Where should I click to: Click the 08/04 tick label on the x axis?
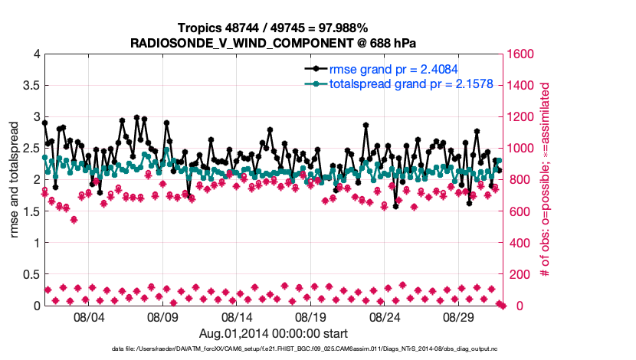(88, 316)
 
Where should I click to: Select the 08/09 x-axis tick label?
(162, 316)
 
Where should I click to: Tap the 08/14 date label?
(237, 316)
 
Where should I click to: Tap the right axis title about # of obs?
(546, 180)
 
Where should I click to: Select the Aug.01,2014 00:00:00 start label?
(274, 333)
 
